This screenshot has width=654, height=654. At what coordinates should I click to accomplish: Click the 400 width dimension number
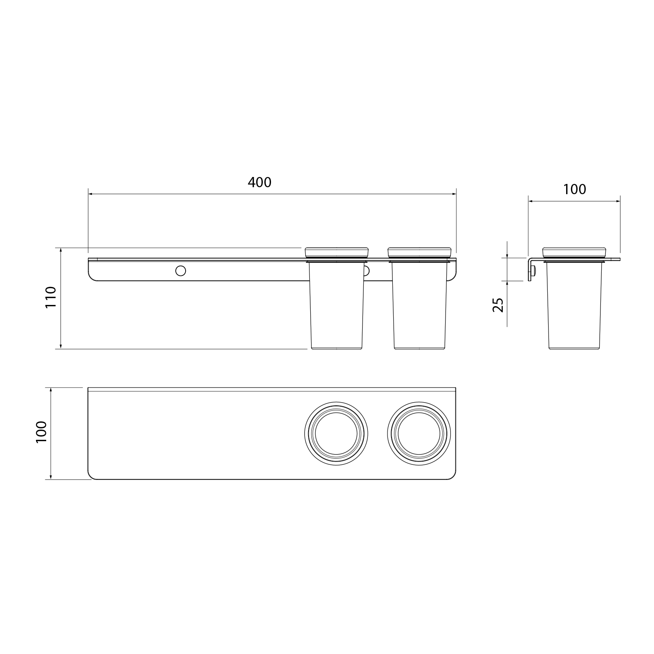[x=260, y=182]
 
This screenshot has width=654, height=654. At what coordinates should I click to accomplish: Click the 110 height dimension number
[x=50, y=298]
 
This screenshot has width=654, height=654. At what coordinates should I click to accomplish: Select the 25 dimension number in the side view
[x=498, y=305]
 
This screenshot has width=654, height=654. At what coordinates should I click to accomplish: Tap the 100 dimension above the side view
[x=575, y=189]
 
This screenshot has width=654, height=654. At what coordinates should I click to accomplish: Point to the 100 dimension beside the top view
[x=42, y=433]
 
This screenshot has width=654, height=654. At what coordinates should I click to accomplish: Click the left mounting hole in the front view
[x=180, y=270]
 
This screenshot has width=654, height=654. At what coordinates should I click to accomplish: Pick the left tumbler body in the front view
[x=336, y=305]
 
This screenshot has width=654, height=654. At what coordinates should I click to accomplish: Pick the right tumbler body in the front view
[x=419, y=305]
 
